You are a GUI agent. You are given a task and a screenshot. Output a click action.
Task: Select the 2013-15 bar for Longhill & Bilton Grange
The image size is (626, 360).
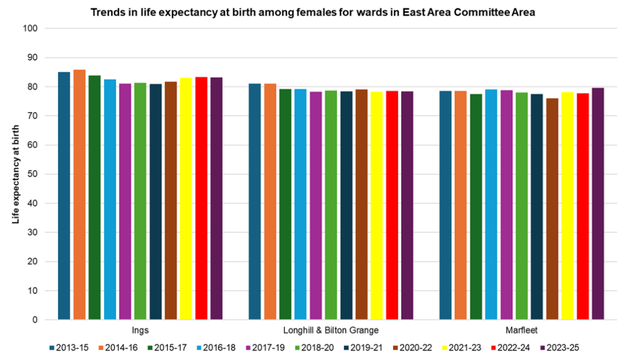pyautogui.click(x=254, y=201)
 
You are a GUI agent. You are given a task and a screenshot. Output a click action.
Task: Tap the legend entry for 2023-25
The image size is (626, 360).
pyautogui.click(x=559, y=348)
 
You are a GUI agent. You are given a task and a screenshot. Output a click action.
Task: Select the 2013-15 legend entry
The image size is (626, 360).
pyautogui.click(x=69, y=348)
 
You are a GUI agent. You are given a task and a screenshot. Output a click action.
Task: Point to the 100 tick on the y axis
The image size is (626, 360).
pyautogui.click(x=31, y=29)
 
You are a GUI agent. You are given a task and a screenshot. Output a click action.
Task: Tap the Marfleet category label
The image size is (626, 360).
pyautogui.click(x=521, y=331)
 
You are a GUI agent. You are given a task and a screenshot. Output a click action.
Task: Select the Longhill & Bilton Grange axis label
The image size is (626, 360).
pyautogui.click(x=331, y=331)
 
